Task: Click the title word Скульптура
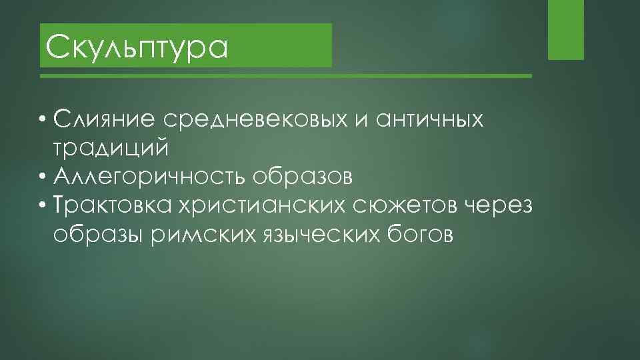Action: [x=137, y=47]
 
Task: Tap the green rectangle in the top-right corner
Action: [x=565, y=29]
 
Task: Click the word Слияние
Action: [x=107, y=119]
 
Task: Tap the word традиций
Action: [x=111, y=148]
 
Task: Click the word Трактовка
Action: [x=113, y=206]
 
